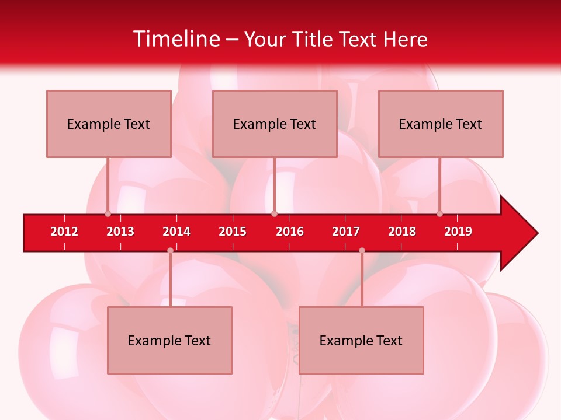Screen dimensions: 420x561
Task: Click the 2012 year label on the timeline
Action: (x=64, y=232)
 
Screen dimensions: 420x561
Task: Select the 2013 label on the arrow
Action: (x=120, y=232)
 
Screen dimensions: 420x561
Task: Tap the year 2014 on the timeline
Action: (x=176, y=232)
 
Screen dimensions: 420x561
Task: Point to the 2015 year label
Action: (x=233, y=232)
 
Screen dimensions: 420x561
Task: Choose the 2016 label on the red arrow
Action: (x=290, y=232)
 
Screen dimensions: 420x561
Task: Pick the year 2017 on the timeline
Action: (x=346, y=232)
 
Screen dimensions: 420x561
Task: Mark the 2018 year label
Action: (x=402, y=232)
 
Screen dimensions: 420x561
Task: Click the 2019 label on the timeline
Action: (x=458, y=232)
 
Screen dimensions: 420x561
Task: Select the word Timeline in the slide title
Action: (x=176, y=39)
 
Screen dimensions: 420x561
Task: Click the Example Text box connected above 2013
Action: (x=109, y=124)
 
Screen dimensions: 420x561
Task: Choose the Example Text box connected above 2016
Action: (x=275, y=124)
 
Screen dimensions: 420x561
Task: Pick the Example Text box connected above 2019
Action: (x=441, y=124)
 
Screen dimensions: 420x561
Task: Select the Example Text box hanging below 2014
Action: (x=169, y=340)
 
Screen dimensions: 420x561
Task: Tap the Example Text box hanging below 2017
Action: (x=361, y=340)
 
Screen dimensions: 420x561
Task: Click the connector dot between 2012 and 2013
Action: (x=108, y=213)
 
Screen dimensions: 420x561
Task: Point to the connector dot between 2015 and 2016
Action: (x=274, y=213)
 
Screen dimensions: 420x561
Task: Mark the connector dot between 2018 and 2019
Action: (x=439, y=213)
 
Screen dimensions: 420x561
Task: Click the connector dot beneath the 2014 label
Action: (x=170, y=250)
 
